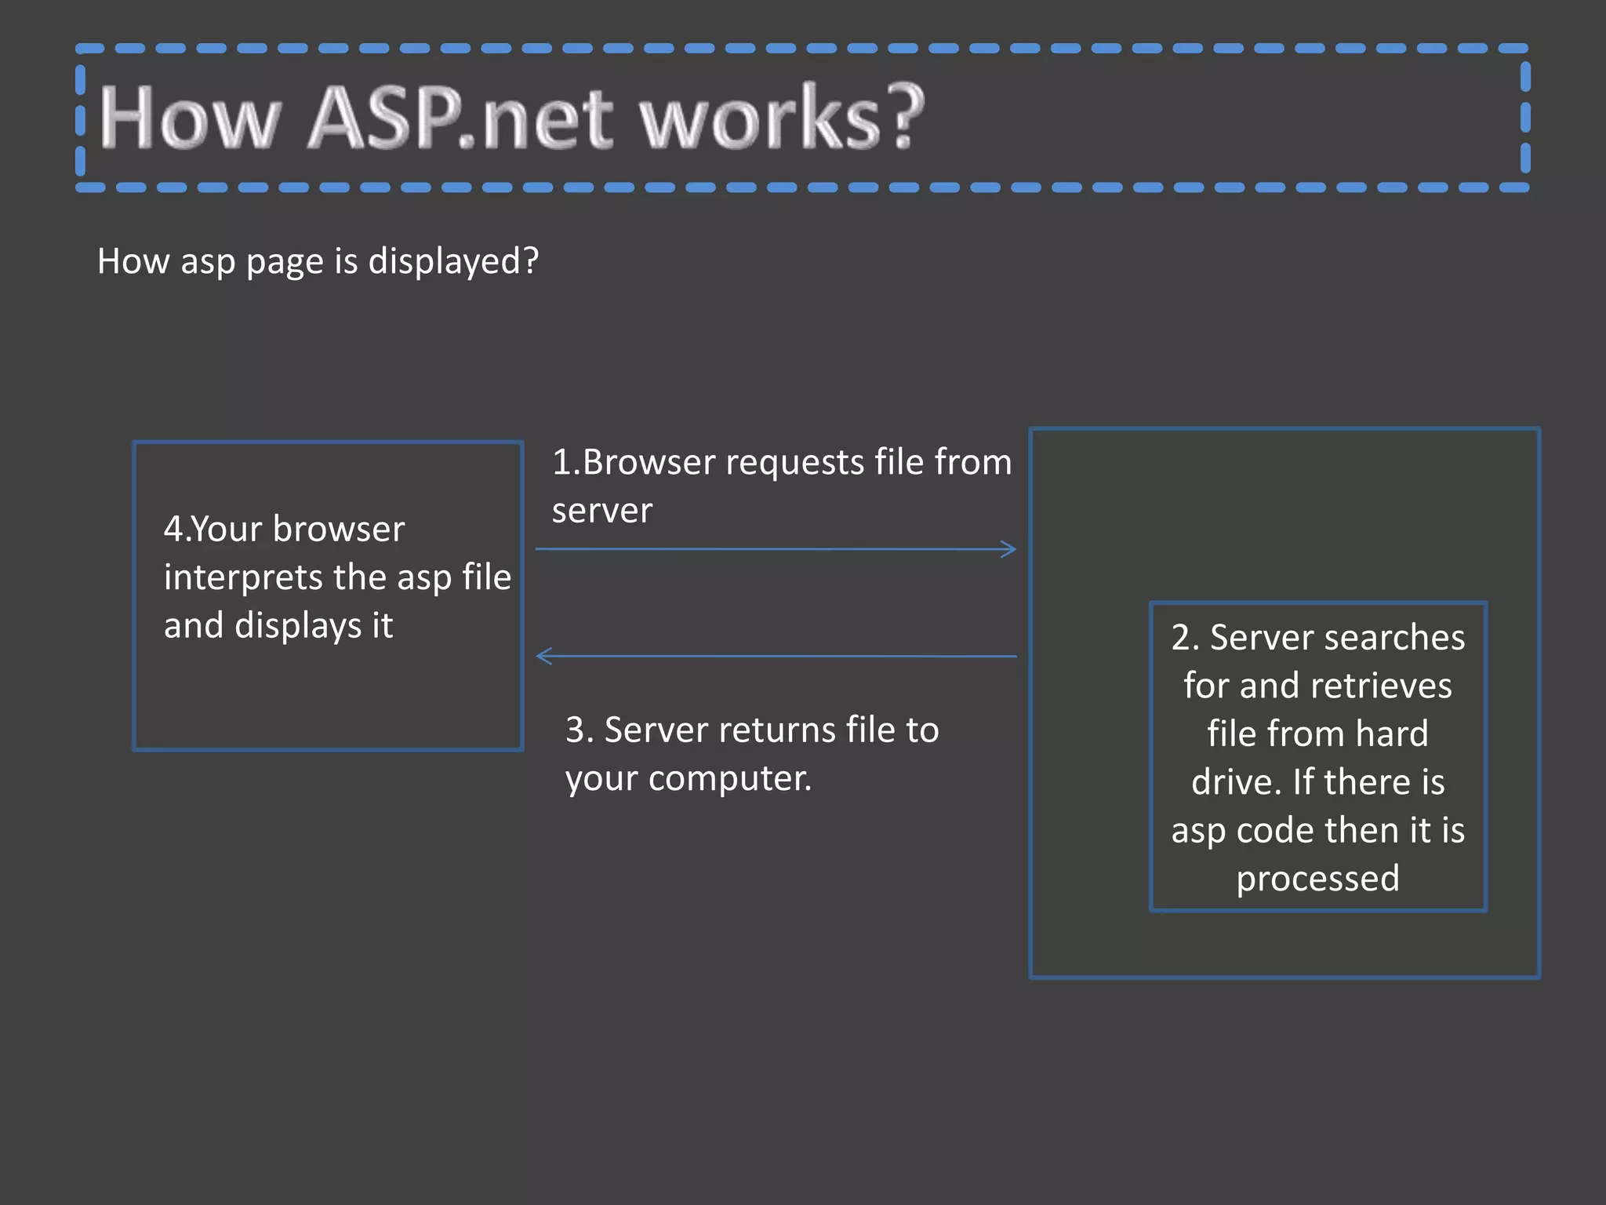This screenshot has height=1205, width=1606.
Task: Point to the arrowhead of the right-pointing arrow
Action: click(x=1011, y=549)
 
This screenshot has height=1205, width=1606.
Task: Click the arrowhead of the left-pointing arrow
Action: click(x=543, y=656)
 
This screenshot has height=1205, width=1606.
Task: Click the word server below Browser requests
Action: click(x=601, y=511)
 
